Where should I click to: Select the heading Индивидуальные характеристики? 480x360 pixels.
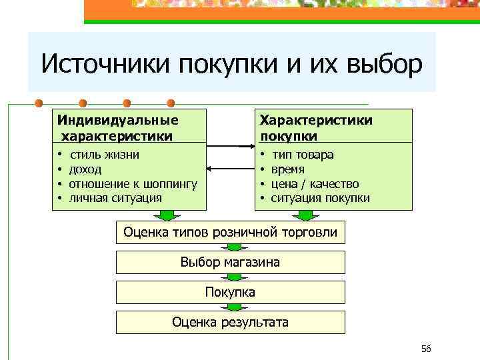tap(118, 128)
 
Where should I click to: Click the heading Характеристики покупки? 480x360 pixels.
tap(316, 128)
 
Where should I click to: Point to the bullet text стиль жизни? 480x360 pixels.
tap(105, 155)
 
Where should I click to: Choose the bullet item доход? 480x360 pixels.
tap(85, 169)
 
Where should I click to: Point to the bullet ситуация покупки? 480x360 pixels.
tap(320, 198)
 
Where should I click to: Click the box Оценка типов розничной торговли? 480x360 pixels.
tap(231, 233)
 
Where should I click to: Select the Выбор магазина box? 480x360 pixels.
tap(231, 262)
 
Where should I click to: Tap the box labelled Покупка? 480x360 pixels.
tap(231, 292)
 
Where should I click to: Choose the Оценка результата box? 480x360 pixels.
tap(231, 322)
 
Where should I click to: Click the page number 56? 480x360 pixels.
tap(427, 349)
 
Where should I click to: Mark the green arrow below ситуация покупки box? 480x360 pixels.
tap(305, 215)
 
